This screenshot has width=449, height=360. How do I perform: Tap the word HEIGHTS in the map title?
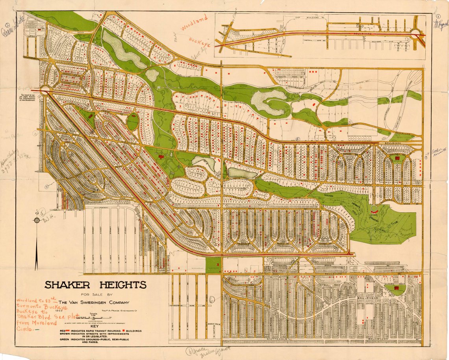[120, 285]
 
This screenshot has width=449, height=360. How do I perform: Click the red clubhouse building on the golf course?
[375, 212]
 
